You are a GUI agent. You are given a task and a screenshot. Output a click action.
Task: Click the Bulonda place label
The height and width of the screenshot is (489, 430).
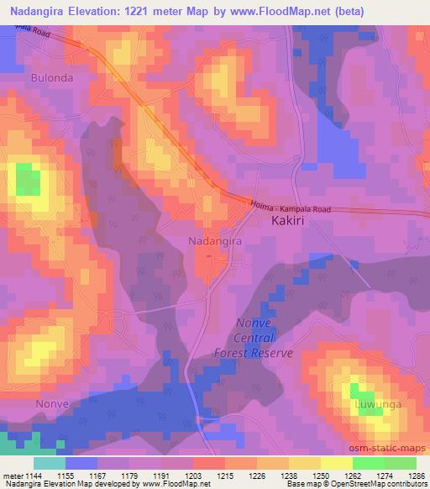pyautogui.click(x=52, y=77)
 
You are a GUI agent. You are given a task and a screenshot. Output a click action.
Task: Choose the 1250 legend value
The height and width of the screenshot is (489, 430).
pyautogui.click(x=320, y=476)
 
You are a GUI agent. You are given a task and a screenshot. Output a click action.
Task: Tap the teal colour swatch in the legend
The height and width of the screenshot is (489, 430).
pyautogui.click(x=50, y=463)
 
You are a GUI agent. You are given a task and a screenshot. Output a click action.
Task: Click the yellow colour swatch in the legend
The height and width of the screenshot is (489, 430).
pyautogui.click(x=337, y=463)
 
